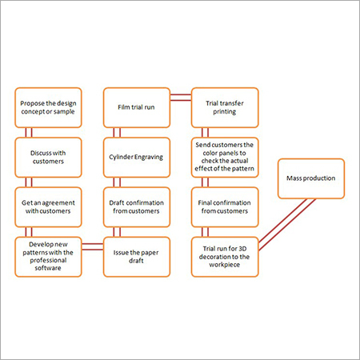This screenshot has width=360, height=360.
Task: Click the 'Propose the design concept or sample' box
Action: pyautogui.click(x=48, y=107)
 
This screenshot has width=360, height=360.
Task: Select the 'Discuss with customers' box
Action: pyautogui.click(x=48, y=158)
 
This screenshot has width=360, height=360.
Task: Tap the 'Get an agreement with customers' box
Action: pyautogui.click(x=48, y=207)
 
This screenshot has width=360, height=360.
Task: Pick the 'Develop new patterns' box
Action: pyautogui.click(x=48, y=257)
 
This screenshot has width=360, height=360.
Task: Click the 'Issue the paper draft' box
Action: pyautogui.click(x=137, y=257)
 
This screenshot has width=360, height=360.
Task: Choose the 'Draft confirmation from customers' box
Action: pyautogui.click(x=137, y=207)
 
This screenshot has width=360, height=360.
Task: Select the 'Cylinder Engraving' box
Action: pyautogui.click(x=137, y=158)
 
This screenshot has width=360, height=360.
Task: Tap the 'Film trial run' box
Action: pyautogui.click(x=137, y=107)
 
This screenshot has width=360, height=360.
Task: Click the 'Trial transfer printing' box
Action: pyautogui.click(x=225, y=107)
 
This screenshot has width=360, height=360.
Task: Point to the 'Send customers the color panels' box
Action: pyautogui.click(x=225, y=158)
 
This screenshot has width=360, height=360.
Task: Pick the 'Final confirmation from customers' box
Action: pyautogui.click(x=225, y=207)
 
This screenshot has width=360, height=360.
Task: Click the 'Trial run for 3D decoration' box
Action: pyautogui.click(x=225, y=257)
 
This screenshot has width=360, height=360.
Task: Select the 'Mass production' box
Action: pyautogui.click(x=311, y=178)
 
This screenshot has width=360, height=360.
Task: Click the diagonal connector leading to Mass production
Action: pyautogui.click(x=287, y=225)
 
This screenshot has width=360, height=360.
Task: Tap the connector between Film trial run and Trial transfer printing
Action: pyautogui.click(x=181, y=98)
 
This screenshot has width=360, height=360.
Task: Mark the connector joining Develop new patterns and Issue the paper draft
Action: pyautogui.click(x=93, y=246)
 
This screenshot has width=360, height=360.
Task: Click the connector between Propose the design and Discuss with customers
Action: pyautogui.click(x=29, y=133)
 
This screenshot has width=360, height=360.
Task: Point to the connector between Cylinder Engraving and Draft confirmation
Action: pyautogui.click(x=117, y=182)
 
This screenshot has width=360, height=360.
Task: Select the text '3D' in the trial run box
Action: pyautogui.click(x=242, y=249)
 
